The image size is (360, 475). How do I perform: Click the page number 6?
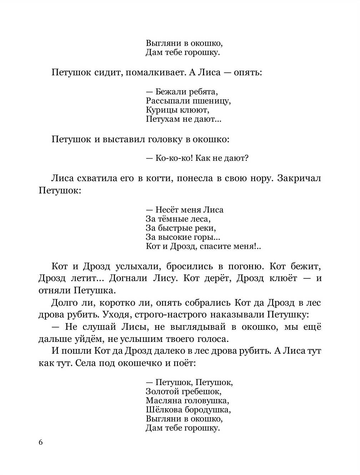(x=40, y=442)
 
